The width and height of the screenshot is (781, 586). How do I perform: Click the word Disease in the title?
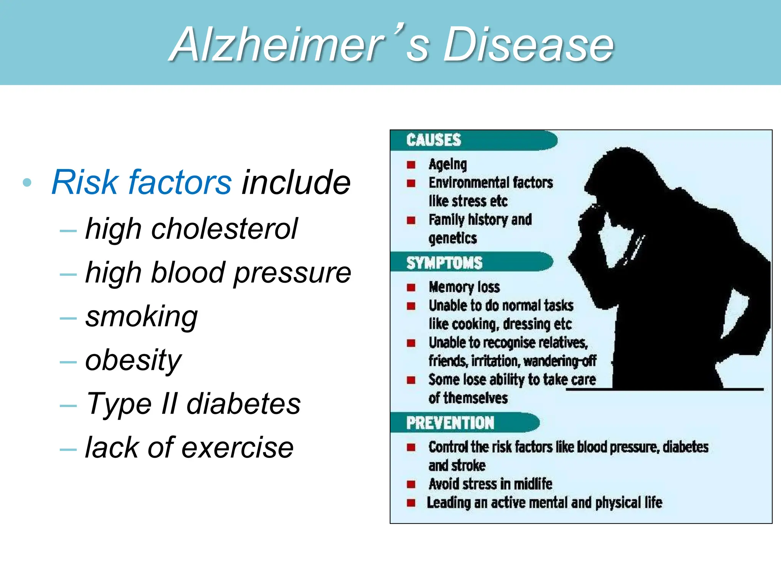click(x=528, y=45)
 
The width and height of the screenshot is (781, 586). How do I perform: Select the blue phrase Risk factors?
click(x=141, y=182)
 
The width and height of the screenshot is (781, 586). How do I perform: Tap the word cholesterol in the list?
click(x=224, y=229)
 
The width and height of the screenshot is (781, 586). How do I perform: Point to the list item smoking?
click(x=141, y=317)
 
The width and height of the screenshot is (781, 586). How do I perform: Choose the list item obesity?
click(x=133, y=360)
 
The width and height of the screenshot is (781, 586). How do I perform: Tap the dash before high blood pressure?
click(x=68, y=274)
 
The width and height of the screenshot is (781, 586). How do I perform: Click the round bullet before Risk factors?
click(x=27, y=182)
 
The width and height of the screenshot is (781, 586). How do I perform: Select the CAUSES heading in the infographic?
click(x=434, y=140)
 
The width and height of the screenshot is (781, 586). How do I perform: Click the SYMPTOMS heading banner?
click(x=444, y=263)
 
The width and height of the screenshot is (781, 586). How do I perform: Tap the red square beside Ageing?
click(x=411, y=165)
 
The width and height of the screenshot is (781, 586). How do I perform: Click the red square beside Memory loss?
click(x=411, y=287)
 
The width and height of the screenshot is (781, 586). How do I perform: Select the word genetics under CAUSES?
click(x=453, y=238)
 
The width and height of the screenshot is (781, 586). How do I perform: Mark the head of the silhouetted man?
click(x=625, y=183)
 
